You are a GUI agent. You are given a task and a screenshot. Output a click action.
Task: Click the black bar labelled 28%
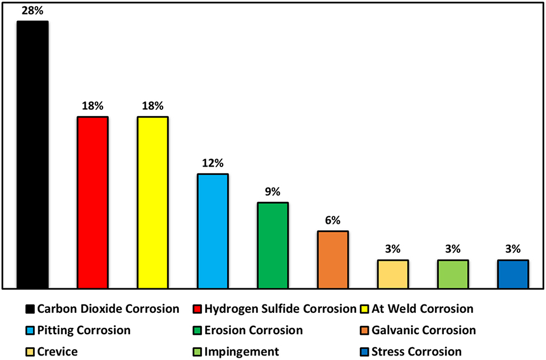click(33, 154)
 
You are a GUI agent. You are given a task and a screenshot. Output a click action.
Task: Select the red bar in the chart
click(92, 202)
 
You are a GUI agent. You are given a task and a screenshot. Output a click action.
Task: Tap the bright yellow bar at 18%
click(152, 202)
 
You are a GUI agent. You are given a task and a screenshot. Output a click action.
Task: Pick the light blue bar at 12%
click(212, 230)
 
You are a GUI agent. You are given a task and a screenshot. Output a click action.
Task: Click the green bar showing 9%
click(272, 245)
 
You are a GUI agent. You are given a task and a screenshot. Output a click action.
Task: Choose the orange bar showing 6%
click(333, 259)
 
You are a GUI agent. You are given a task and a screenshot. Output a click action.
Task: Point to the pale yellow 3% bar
click(393, 274)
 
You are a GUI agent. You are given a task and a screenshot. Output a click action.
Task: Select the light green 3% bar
click(453, 274)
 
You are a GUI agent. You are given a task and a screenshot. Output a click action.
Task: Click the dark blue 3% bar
click(513, 274)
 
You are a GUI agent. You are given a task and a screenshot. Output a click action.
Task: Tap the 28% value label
click(33, 11)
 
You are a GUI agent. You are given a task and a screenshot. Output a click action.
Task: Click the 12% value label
click(212, 163)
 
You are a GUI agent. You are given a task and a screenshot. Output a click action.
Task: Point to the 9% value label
click(272, 192)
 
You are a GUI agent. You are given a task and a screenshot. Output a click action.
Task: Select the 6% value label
click(333, 220)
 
